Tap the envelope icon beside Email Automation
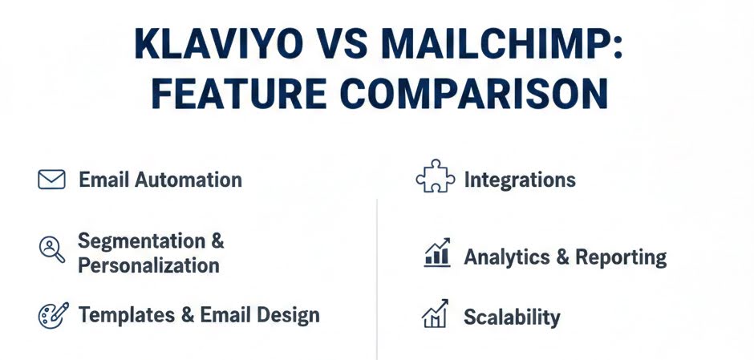pos(51,180)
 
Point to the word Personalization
pos(148,265)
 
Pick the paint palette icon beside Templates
pos(52,315)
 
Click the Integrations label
pos(520,180)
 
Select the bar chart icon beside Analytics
pos(436,253)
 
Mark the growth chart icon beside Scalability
pos(436,313)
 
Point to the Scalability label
pos(512,317)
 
